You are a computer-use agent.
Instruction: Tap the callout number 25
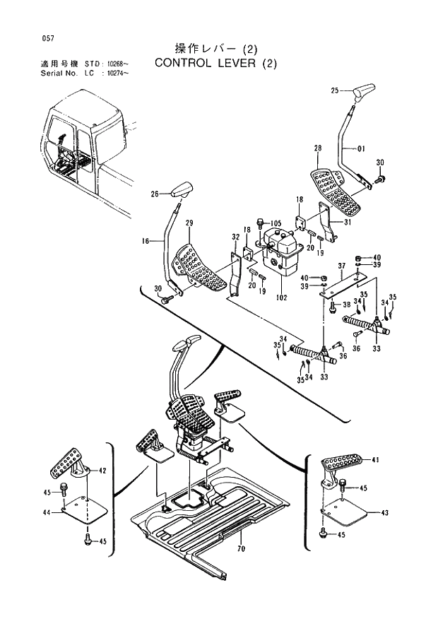[336, 90]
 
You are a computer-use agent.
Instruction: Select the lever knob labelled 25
[365, 92]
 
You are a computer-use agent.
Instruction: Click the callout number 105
[276, 223]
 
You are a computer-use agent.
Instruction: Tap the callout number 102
[283, 298]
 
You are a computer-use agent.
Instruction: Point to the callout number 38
[346, 305]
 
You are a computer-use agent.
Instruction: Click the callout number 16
[146, 241]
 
